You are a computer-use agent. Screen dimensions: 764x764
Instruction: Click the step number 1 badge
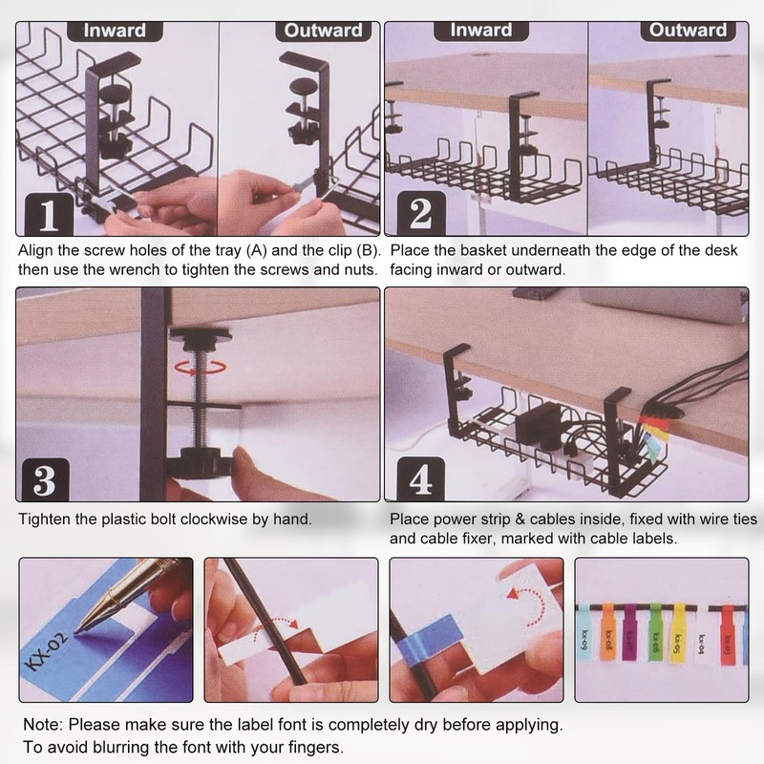click(x=49, y=214)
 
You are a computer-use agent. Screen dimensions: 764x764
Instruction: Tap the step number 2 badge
click(x=421, y=213)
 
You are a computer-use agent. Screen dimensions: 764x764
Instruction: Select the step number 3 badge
click(x=44, y=480)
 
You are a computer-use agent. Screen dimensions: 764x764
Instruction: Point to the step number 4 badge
click(x=420, y=479)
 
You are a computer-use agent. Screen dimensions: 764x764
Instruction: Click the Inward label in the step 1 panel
click(x=115, y=31)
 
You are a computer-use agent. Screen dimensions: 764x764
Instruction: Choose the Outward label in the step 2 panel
click(x=688, y=31)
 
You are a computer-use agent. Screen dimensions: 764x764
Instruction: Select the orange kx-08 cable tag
click(x=607, y=632)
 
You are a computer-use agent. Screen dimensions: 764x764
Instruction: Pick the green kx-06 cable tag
click(x=656, y=632)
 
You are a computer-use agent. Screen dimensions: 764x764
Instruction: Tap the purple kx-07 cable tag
click(x=630, y=632)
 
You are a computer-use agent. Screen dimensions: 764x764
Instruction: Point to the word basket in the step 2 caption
click(x=483, y=250)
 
